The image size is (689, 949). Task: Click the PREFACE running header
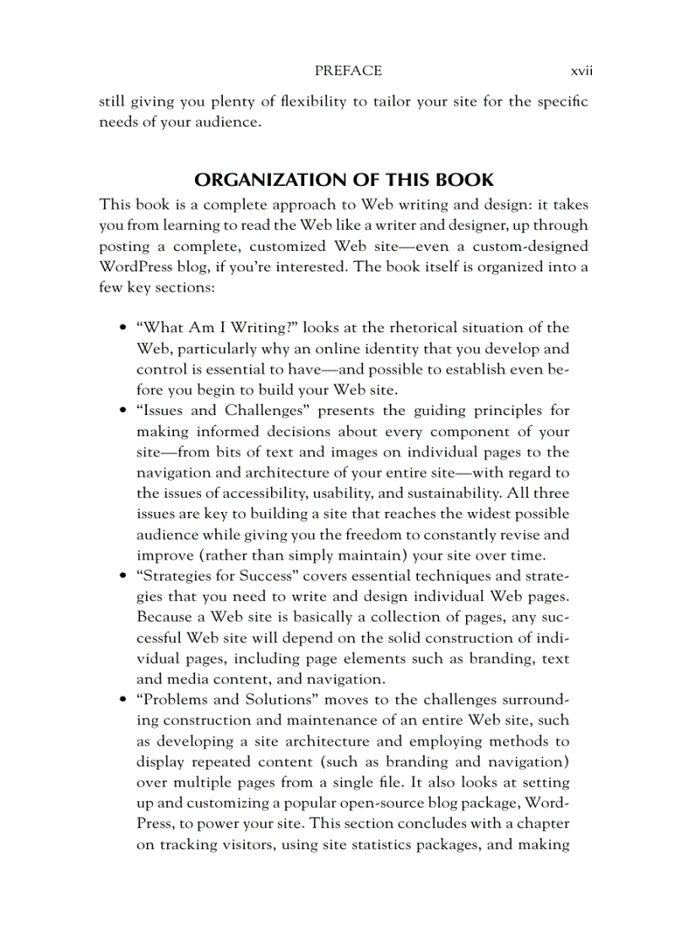pyautogui.click(x=348, y=71)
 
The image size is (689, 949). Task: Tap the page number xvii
pyautogui.click(x=581, y=71)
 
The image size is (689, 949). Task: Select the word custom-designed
pyautogui.click(x=529, y=246)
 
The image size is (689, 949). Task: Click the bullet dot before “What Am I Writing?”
pyautogui.click(x=123, y=328)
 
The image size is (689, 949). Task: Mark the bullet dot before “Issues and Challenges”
pyautogui.click(x=123, y=411)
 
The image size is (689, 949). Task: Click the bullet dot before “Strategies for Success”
pyautogui.click(x=123, y=575)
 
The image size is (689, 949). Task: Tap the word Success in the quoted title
pyautogui.click(x=263, y=575)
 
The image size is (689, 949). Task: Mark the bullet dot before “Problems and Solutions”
pyautogui.click(x=123, y=700)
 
